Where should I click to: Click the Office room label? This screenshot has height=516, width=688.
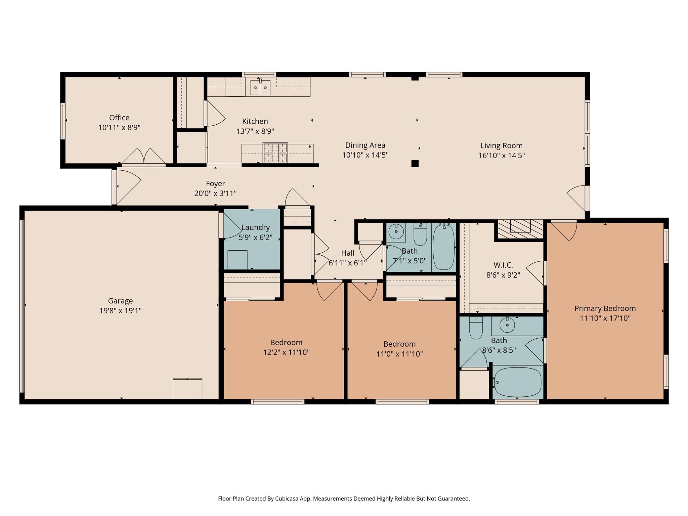(x=119, y=118)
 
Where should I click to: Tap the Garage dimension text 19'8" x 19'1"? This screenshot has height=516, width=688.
(x=120, y=311)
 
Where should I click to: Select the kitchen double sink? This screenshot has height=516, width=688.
(x=260, y=88)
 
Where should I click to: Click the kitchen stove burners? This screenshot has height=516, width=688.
(x=275, y=153)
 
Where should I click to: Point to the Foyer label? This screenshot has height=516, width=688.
(x=215, y=183)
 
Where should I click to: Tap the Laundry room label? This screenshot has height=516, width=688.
(x=255, y=227)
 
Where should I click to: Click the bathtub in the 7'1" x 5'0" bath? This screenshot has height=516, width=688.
(x=444, y=248)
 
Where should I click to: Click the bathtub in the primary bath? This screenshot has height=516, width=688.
(x=518, y=382)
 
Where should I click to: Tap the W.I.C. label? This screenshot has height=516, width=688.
(x=503, y=265)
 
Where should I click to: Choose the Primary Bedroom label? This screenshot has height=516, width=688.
(x=605, y=308)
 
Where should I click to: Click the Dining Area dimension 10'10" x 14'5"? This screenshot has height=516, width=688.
(x=365, y=155)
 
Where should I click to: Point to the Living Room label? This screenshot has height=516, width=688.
(x=501, y=145)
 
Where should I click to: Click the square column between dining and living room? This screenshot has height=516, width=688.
(x=415, y=163)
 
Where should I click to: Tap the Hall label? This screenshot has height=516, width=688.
(x=348, y=253)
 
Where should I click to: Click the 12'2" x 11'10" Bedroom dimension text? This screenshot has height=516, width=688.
(x=286, y=352)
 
